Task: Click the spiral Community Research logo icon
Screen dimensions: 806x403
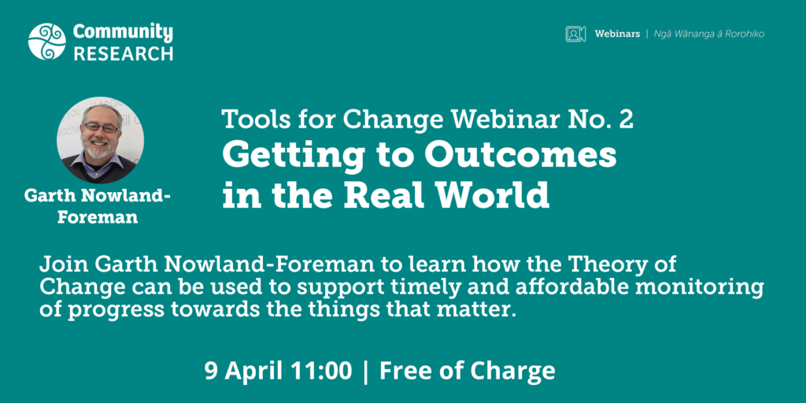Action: click(46, 42)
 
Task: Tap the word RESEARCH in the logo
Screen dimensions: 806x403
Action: click(124, 54)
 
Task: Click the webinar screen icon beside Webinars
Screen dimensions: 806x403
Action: click(575, 34)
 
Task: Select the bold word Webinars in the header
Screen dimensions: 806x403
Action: click(617, 34)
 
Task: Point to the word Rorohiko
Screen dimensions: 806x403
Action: click(745, 34)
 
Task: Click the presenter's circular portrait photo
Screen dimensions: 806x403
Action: click(100, 140)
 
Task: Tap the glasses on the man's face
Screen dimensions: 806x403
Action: click(101, 128)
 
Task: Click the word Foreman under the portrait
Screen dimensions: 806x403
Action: click(98, 217)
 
